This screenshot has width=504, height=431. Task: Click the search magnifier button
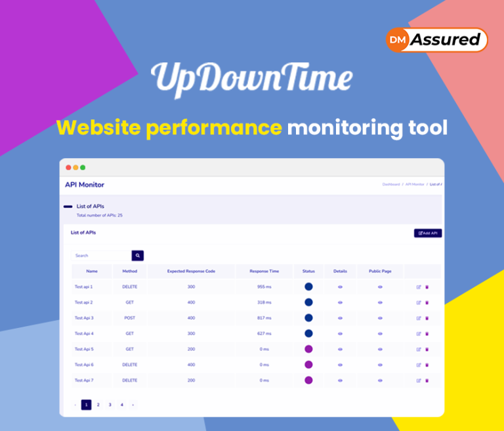pos(138,255)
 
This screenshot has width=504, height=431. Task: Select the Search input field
pos(102,255)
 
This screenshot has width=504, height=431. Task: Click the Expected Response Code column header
pos(191,271)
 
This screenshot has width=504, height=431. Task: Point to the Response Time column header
pos(264,271)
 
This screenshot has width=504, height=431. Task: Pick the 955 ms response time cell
pos(264,287)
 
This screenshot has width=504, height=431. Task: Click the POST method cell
pos(130,318)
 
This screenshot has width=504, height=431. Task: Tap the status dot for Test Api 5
pos(308,349)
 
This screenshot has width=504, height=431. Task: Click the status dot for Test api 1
pos(308,287)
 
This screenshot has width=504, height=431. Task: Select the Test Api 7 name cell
pos(84,380)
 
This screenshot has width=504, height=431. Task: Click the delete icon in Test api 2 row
pos(427,302)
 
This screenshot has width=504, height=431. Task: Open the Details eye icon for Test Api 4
pos(340,334)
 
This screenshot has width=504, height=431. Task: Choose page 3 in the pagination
pos(110,405)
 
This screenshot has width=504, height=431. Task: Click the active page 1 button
pos(86,405)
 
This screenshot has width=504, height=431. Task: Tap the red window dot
pos(68,167)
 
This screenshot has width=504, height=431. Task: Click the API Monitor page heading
pos(85,184)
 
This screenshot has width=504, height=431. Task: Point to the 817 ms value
pos(264,318)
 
